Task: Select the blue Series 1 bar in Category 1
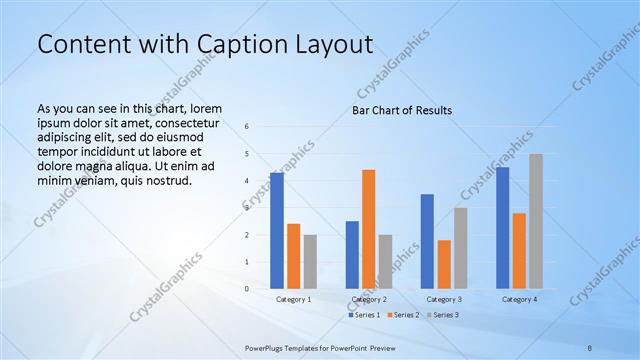[x=277, y=231]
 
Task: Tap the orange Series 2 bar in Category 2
[x=368, y=229]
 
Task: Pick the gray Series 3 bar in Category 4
[x=536, y=221]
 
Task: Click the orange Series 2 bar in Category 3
[x=444, y=264]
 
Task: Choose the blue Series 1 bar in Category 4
[x=502, y=228]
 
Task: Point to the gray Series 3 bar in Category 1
[x=310, y=261]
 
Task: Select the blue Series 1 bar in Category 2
[x=352, y=255]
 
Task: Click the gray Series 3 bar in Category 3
[x=461, y=248]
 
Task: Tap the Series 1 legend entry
[x=364, y=315]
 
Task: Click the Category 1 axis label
[x=294, y=299]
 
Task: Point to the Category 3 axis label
[x=444, y=299]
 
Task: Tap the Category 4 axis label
[x=519, y=299]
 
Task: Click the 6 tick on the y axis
[x=247, y=127]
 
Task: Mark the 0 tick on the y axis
[x=247, y=289]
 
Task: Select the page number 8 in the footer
[x=590, y=347]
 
